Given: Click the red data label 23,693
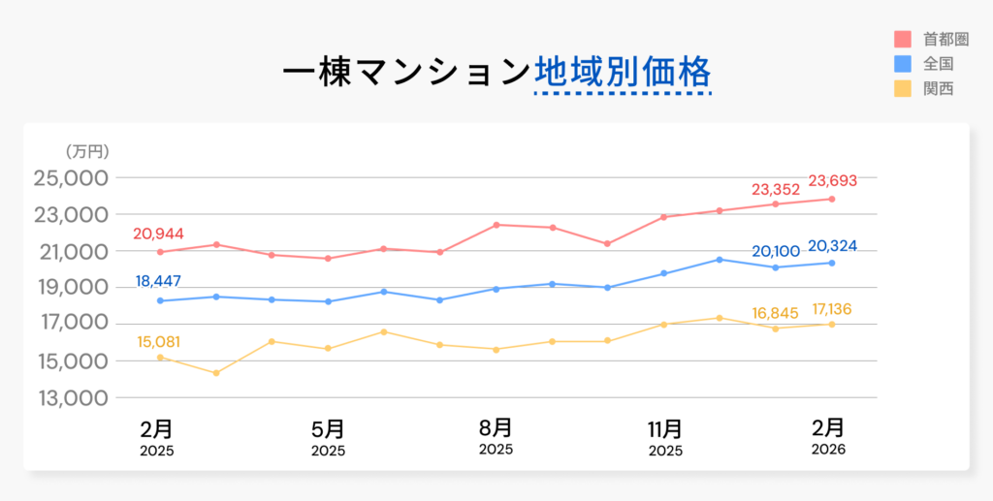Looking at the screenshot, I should [832, 180].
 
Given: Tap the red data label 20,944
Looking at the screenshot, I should [159, 234].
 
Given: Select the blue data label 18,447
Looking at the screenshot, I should [159, 282].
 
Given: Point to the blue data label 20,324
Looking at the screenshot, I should [832, 245].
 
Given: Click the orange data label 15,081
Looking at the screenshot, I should [159, 341].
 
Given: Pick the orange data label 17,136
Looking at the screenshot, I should [832, 310].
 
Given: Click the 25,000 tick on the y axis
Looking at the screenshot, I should [70, 178].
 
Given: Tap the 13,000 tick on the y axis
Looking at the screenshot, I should [70, 398].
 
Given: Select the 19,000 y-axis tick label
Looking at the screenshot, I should [70, 288].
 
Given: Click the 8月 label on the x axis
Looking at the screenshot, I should [496, 427].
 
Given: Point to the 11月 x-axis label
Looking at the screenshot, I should [665, 428].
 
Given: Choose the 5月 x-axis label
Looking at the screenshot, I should [328, 428].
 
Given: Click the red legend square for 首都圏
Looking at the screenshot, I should [902, 40].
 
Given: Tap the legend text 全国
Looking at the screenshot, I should [939, 64].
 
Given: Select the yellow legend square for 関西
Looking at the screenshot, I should [902, 88].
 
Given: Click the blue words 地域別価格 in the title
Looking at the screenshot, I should [623, 73].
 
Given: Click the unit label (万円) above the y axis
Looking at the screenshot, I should [87, 151].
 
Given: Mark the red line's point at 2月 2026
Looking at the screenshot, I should [832, 199].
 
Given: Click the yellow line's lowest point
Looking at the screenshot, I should [215, 373].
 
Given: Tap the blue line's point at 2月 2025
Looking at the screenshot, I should [159, 300].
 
